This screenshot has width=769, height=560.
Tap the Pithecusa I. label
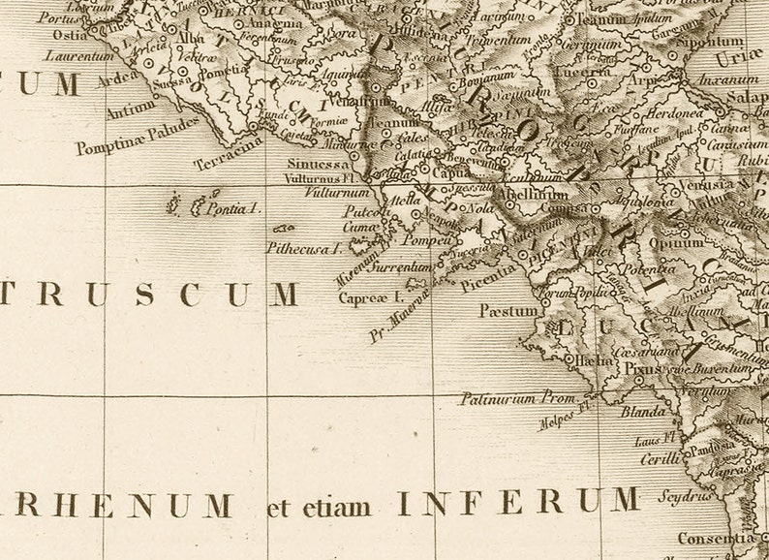304,247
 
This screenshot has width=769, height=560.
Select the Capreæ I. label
369,298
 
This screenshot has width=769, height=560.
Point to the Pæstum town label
508,311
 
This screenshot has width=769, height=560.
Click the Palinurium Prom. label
518,397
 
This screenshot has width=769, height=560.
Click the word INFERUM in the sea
517,502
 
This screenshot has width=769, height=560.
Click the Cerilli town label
660,459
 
